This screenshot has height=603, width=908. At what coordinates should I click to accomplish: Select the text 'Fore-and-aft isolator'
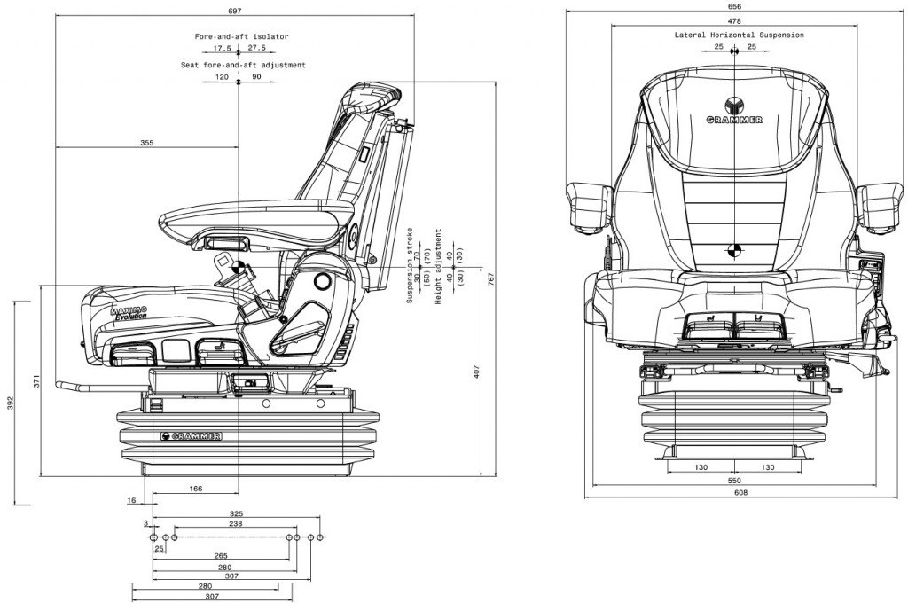pos(242,36)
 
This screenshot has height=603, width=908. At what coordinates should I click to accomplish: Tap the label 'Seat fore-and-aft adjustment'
pos(243,65)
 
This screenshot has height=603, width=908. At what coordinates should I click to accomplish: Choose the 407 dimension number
pos(476,372)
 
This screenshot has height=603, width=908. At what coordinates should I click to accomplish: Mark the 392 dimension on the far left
pos(10,403)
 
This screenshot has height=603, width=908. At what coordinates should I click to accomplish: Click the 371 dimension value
pos(36,381)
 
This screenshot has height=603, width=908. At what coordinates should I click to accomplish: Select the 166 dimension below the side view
pos(196,489)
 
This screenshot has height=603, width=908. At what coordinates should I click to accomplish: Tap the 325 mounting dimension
pos(237,513)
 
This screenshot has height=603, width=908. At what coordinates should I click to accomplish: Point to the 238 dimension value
pos(236,524)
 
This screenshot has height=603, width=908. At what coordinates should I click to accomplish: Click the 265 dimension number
pos(221,556)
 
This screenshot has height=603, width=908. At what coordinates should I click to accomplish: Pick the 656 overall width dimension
pos(734,7)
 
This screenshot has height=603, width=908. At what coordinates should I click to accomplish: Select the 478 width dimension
pos(734,20)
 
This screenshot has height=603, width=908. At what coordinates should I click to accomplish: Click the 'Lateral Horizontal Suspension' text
pos(739,35)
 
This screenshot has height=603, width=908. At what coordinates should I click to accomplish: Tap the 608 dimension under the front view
pos(735,493)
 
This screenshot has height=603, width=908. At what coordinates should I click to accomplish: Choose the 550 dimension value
pos(734,480)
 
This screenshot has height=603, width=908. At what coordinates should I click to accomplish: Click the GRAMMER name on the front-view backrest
pos(733,119)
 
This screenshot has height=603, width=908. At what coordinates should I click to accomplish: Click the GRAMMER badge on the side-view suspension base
pos(192,435)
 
